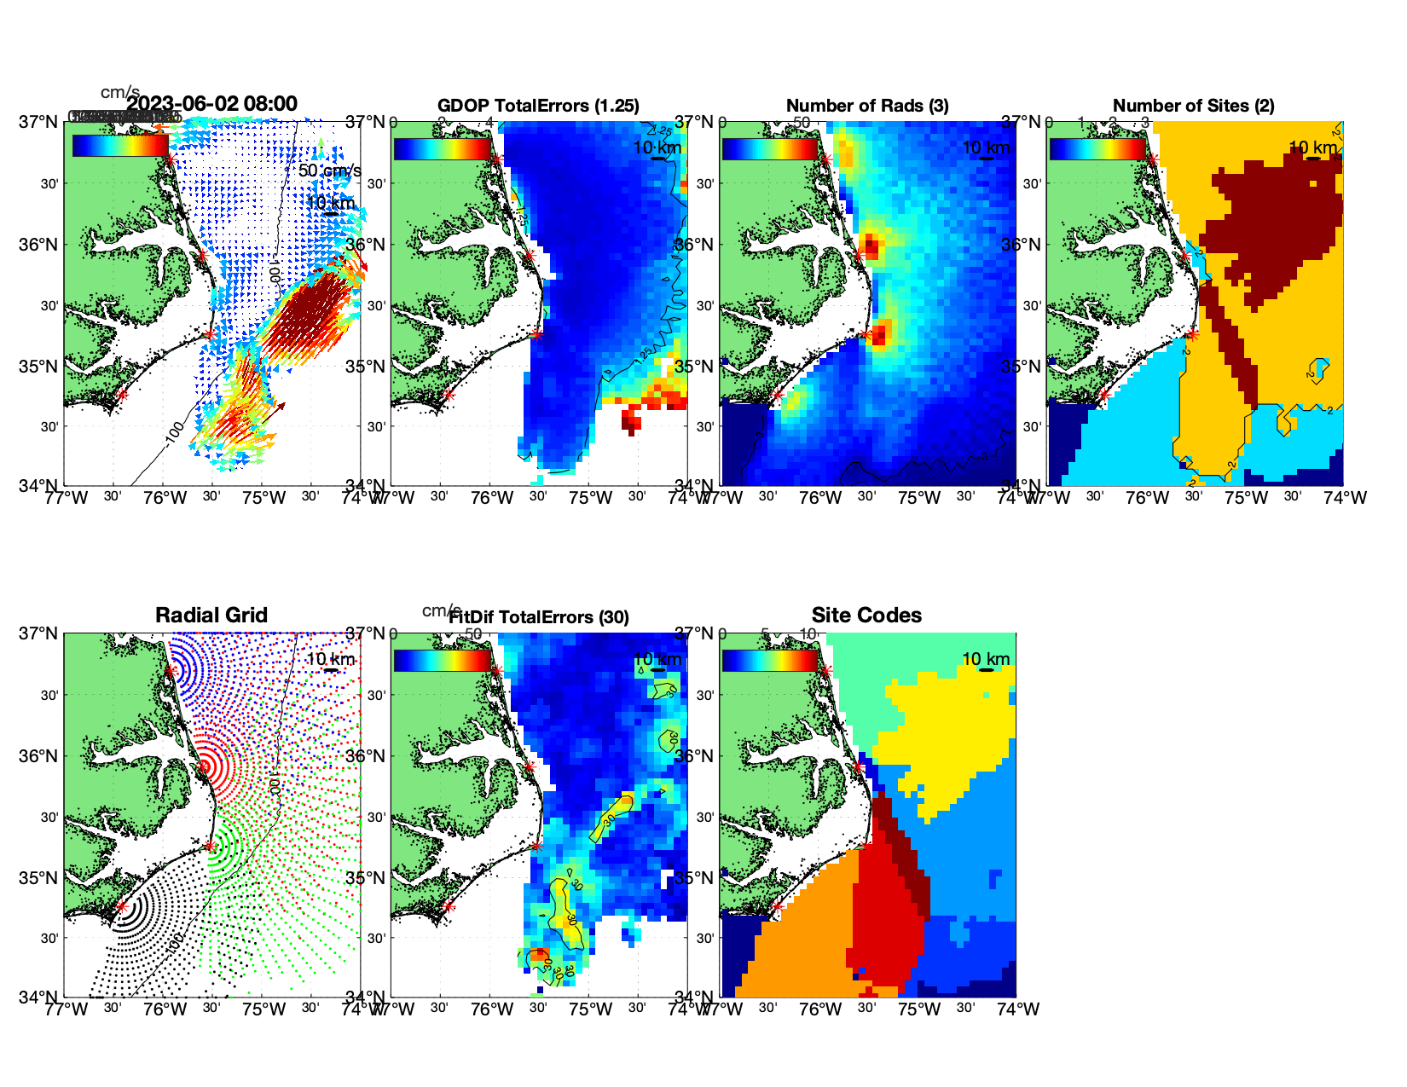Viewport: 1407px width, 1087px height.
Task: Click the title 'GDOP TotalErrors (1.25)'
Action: click(538, 106)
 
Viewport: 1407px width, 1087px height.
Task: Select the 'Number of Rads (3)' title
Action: click(867, 106)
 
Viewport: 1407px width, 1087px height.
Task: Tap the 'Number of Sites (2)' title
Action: click(1193, 106)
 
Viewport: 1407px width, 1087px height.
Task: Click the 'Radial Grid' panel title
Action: click(211, 616)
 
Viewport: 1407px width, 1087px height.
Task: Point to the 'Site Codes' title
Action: click(866, 616)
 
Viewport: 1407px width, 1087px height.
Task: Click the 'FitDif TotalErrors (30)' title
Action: click(539, 617)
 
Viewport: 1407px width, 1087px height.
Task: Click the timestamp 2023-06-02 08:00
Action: click(212, 104)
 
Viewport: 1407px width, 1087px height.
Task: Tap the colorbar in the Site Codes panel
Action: click(769, 661)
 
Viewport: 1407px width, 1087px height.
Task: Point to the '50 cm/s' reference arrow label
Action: click(329, 171)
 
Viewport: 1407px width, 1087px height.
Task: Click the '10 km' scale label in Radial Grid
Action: click(330, 659)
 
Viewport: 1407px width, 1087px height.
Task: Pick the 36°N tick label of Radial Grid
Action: click(39, 756)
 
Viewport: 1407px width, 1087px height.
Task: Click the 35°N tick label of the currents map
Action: click(39, 367)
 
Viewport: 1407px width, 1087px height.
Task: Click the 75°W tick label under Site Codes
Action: click(919, 1009)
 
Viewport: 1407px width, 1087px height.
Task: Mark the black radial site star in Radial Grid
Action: click(121, 906)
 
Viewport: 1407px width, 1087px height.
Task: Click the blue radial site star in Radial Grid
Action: click(171, 671)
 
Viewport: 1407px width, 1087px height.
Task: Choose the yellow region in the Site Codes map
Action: click(938, 733)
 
